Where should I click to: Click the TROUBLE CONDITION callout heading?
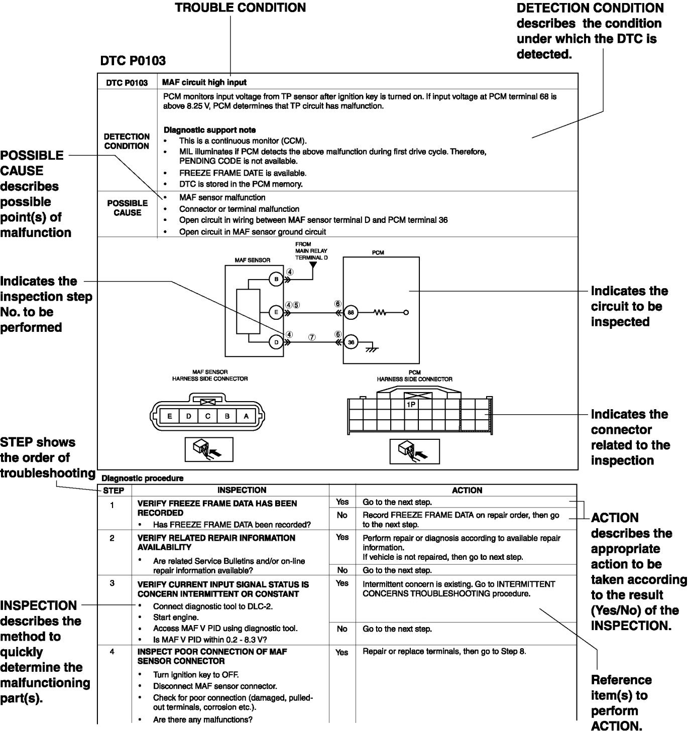click(240, 8)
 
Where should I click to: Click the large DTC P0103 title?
click(133, 61)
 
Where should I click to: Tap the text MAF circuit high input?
click(204, 82)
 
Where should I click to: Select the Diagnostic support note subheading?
click(209, 130)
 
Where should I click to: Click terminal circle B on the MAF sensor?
click(276, 279)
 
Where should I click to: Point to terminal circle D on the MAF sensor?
click(276, 342)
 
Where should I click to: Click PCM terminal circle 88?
click(351, 312)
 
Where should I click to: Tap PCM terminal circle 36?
click(351, 342)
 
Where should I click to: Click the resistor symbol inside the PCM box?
click(380, 312)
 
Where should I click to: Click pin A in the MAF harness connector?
click(246, 416)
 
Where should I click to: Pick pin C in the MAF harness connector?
click(207, 416)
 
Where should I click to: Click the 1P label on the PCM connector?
click(411, 404)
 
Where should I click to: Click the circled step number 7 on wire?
click(312, 337)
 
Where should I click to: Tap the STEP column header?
click(113, 491)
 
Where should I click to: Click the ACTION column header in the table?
click(467, 491)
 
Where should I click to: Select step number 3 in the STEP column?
click(112, 583)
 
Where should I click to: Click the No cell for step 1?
click(342, 515)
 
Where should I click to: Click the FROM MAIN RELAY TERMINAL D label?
click(311, 251)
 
